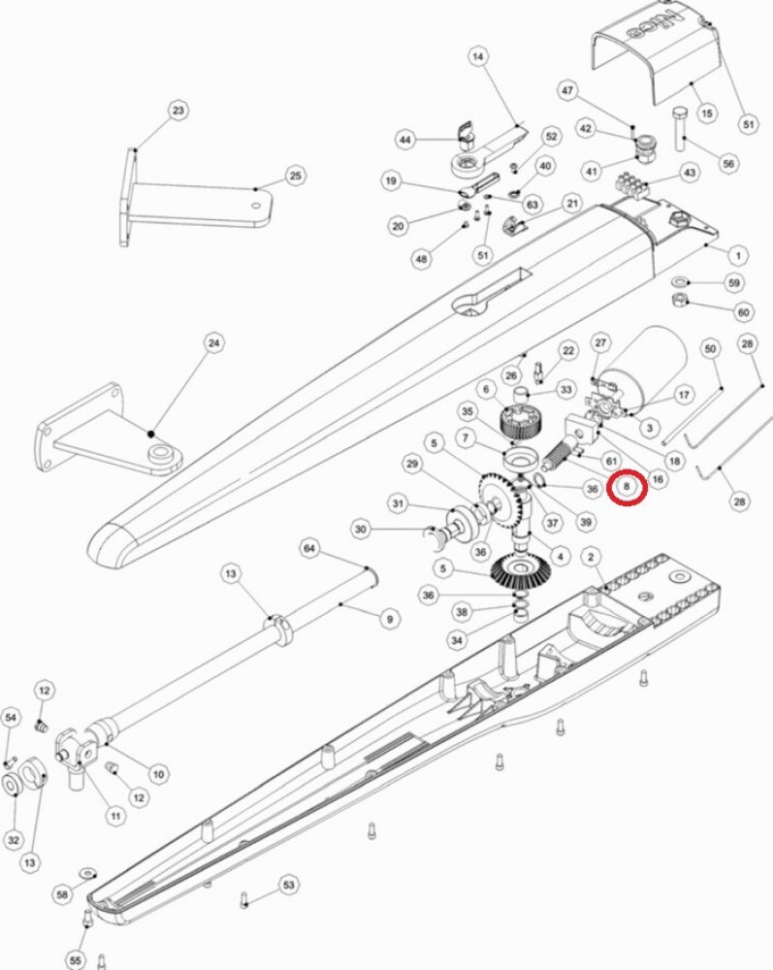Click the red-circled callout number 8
pos(627,487)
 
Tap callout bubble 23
pos(178,111)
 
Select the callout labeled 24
pos(214,342)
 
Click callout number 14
pos(477,57)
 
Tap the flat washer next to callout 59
pos(680,282)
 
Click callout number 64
pos(309,548)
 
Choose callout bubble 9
pos(390,619)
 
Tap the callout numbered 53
pos(289,886)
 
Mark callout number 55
pos(75,960)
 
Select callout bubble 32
pos(14,839)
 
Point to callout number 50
pos(710,349)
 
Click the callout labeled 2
pos(592,557)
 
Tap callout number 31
pos(398,503)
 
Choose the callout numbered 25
pos(296,176)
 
